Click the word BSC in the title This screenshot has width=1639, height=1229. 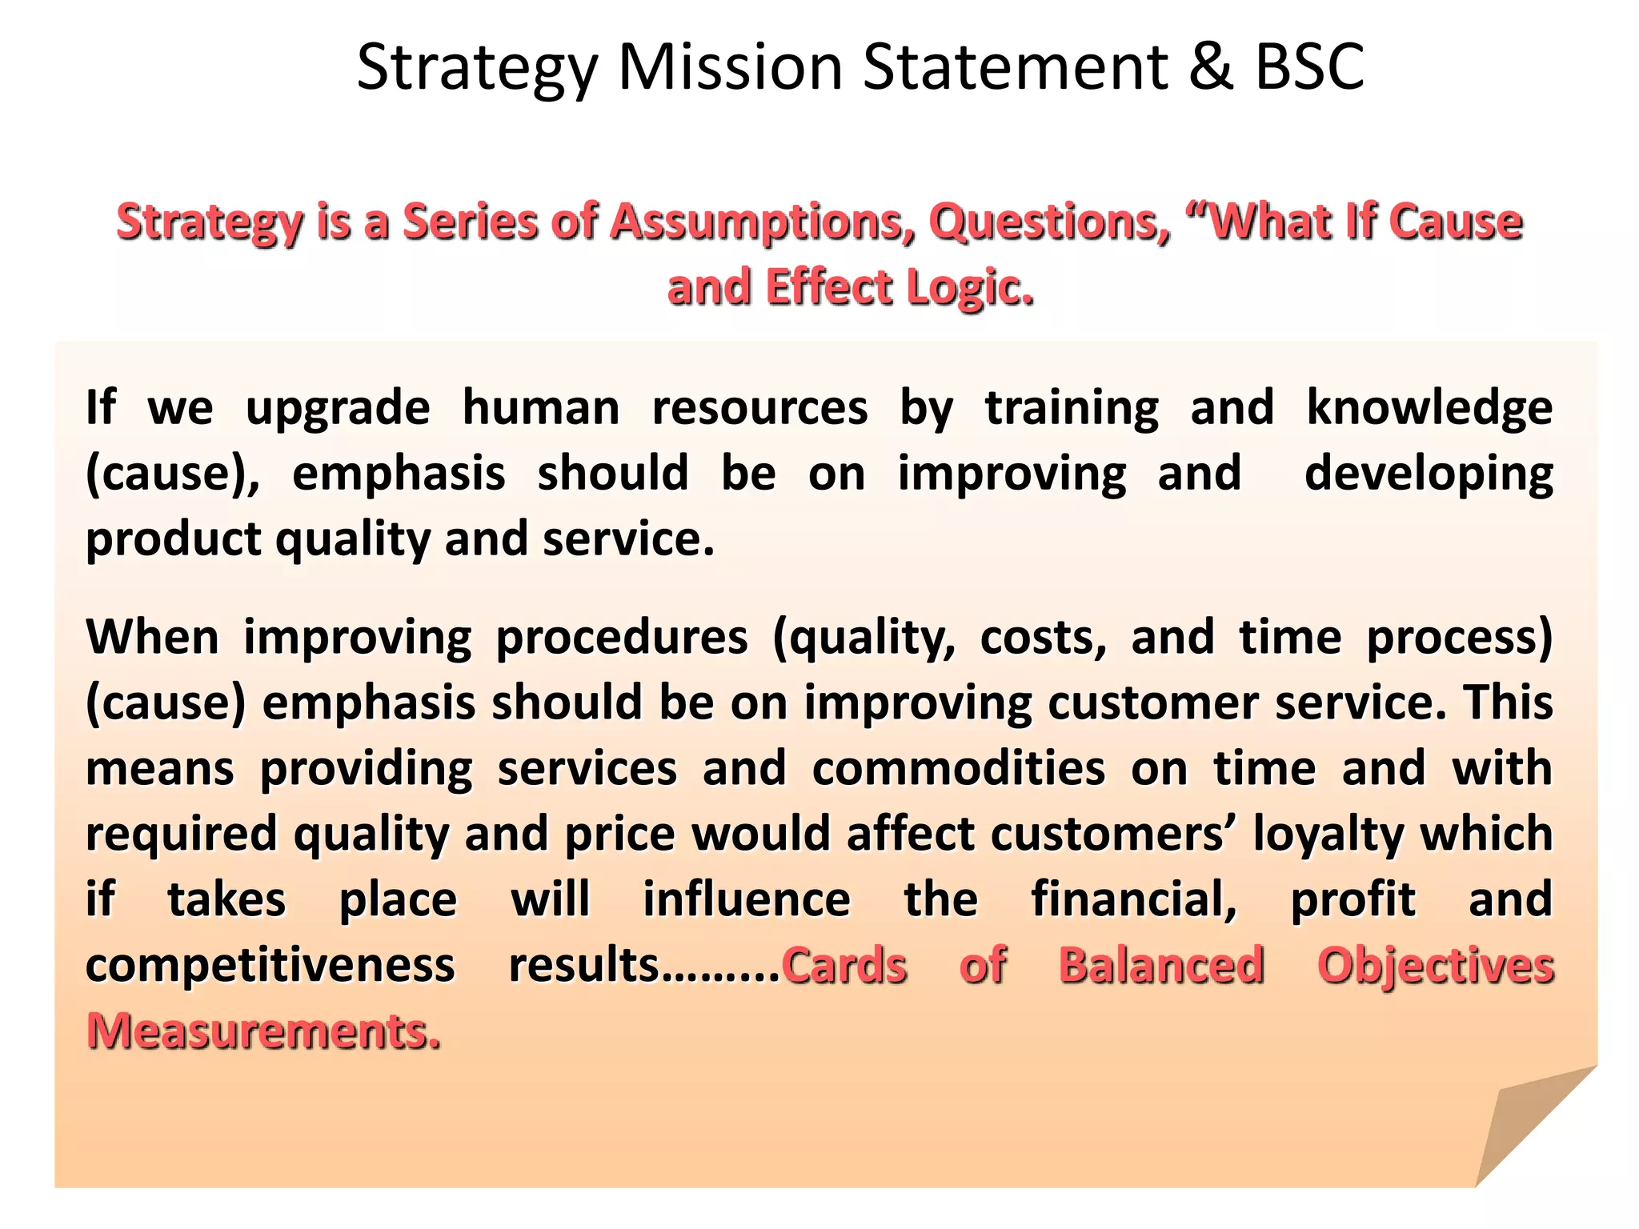[x=1309, y=66]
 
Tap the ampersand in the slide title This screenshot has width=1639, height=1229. [x=1211, y=66]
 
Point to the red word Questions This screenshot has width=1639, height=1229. [x=1049, y=222]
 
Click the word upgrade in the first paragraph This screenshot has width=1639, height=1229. [x=338, y=408]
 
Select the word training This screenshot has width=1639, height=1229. [x=1072, y=408]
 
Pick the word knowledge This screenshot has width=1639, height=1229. [x=1429, y=408]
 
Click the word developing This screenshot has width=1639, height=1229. [x=1429, y=474]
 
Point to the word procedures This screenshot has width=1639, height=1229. [x=622, y=638]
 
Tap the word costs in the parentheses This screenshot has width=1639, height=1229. [x=1044, y=638]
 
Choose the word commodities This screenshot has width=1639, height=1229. [x=959, y=769]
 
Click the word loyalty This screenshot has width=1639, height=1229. [x=1328, y=835]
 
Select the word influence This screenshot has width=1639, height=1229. [x=747, y=899]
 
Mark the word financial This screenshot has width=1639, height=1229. [x=1134, y=899]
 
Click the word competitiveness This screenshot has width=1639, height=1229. [x=270, y=965]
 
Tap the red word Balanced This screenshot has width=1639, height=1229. [x=1161, y=965]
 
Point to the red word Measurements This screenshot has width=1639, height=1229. [x=263, y=1031]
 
